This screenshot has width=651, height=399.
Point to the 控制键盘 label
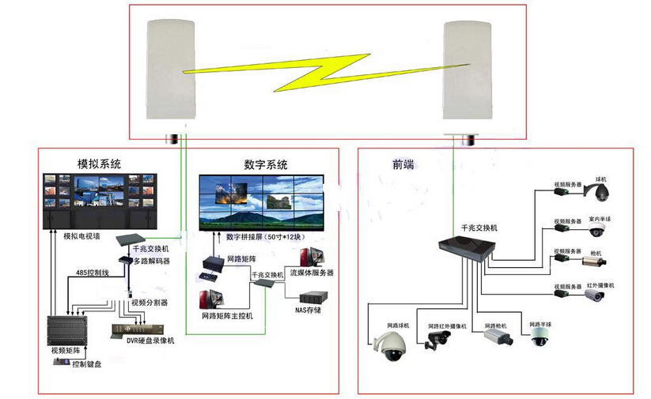(x=86, y=364)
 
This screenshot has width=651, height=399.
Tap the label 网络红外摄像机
(x=448, y=326)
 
